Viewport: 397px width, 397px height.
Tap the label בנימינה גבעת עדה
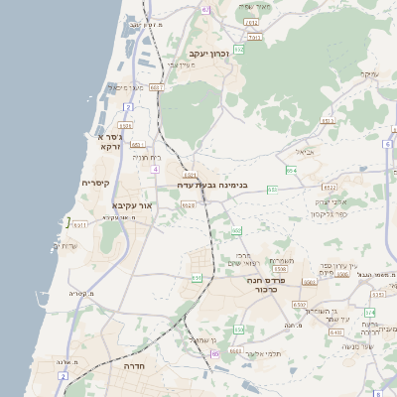212,185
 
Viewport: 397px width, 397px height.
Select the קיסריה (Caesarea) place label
94,183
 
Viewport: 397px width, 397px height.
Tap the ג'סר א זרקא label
108,141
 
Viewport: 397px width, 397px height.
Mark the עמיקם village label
369,73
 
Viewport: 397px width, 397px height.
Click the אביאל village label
305,152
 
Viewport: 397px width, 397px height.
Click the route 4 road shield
156,170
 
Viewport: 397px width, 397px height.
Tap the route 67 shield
205,9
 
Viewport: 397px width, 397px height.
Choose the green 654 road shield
291,171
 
